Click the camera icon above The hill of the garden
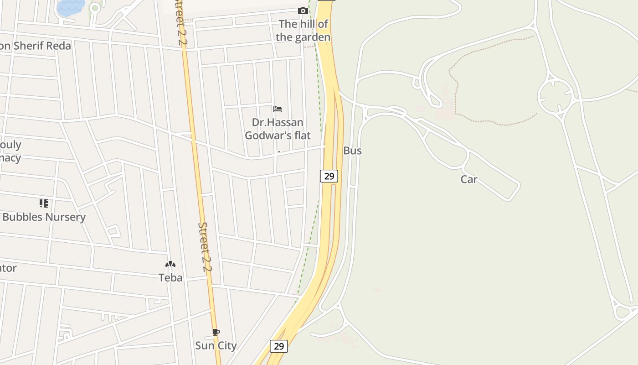[x=303, y=10]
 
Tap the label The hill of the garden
[x=303, y=31]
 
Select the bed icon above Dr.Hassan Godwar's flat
[x=278, y=109]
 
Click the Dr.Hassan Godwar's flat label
[x=278, y=129]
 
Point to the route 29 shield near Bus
[x=329, y=176]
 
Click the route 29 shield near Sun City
[x=279, y=346]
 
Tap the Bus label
[x=352, y=151]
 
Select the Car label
[x=468, y=179]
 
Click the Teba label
[x=170, y=277]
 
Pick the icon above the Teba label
[x=170, y=264]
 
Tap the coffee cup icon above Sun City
[x=216, y=332]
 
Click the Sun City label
[x=216, y=345]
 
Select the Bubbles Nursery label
[x=44, y=217]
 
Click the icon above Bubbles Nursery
[x=44, y=203]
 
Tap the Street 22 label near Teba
[x=205, y=247]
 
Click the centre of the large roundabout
[x=556, y=96]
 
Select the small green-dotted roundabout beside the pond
[x=95, y=8]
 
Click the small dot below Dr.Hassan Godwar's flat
[x=279, y=151]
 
